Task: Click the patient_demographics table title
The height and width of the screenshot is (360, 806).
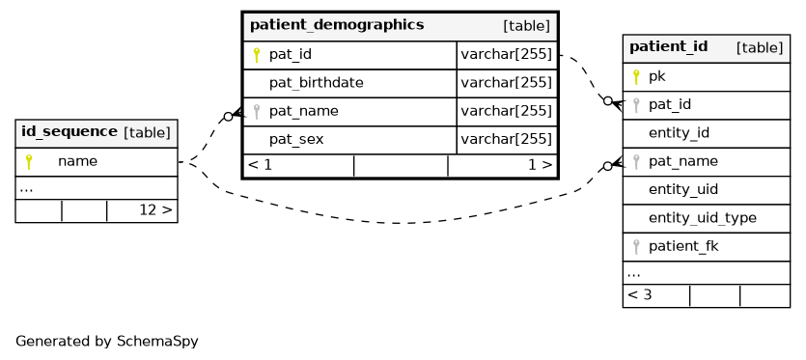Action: tap(337, 25)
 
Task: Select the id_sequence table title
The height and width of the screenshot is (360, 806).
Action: tap(69, 131)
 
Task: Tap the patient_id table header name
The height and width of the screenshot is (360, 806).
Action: tap(668, 46)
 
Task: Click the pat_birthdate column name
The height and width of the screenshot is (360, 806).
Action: tap(317, 83)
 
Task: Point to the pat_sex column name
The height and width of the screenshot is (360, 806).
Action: tap(296, 139)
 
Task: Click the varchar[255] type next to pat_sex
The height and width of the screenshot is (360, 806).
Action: tap(506, 139)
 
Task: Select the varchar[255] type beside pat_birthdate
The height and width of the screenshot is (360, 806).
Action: tap(506, 83)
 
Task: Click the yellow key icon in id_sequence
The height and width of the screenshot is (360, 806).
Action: tap(29, 162)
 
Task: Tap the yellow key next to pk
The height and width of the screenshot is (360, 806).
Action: tap(636, 77)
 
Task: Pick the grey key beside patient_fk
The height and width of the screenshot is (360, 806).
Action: tap(636, 247)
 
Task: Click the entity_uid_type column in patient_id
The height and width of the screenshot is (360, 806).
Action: tap(702, 218)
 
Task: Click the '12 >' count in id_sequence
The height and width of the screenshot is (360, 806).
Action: tap(155, 210)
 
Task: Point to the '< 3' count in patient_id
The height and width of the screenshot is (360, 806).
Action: tap(639, 295)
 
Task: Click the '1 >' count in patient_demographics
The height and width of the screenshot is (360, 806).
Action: tap(541, 165)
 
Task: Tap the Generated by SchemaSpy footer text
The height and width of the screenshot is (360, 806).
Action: tap(107, 341)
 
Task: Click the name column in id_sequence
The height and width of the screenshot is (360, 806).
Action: tap(77, 161)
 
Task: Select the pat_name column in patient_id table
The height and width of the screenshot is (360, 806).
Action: tap(683, 161)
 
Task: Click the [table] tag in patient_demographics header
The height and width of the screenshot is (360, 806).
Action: tap(526, 26)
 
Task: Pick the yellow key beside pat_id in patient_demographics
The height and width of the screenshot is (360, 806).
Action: tap(257, 55)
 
